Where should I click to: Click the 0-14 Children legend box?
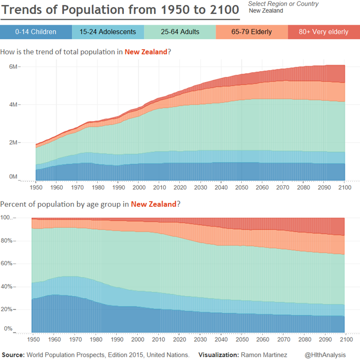(36, 32)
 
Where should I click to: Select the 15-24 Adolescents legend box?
(108, 32)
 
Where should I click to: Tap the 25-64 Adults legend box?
(180, 32)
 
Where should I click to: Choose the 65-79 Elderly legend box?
(252, 32)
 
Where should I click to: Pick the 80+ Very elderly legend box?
(323, 32)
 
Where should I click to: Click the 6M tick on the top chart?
(13, 67)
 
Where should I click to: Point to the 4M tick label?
(13, 105)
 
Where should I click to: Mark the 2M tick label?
(13, 142)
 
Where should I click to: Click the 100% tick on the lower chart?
(8, 218)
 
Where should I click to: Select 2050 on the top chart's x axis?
(241, 187)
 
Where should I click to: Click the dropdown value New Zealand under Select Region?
(266, 11)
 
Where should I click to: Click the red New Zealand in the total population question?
(146, 52)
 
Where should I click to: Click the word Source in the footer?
(13, 355)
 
